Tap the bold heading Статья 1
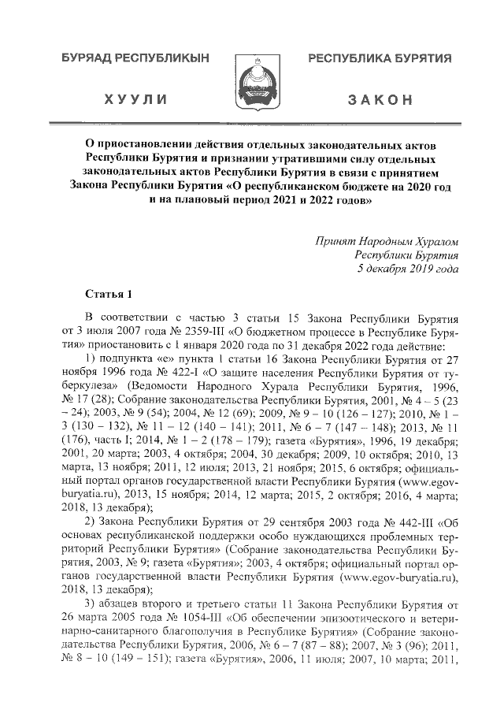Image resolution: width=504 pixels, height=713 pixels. click(108, 295)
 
